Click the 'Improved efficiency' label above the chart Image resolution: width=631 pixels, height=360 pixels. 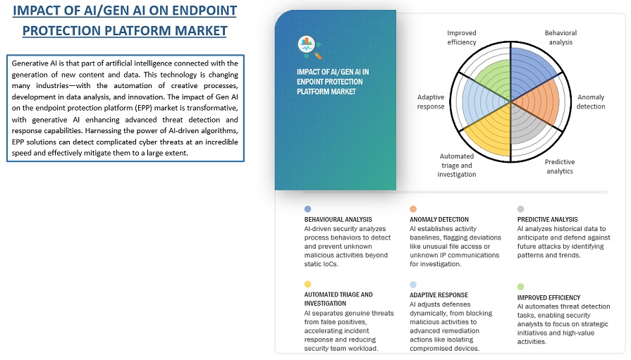click(x=462, y=37)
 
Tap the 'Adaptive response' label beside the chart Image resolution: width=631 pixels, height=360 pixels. click(x=431, y=101)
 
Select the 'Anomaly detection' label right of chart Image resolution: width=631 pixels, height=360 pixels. click(x=591, y=101)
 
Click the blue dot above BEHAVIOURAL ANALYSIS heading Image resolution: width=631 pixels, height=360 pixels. click(x=307, y=209)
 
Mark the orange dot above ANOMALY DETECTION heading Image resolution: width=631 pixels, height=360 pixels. click(x=413, y=209)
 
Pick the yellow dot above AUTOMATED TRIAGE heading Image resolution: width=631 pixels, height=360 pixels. click(x=307, y=284)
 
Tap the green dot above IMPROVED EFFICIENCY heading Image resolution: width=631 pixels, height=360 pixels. click(x=520, y=287)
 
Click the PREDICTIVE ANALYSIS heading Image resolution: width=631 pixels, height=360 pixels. click(x=547, y=219)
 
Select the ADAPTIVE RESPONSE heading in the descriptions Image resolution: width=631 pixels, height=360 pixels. click(x=439, y=294)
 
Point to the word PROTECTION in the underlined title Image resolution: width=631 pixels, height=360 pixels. click(x=70, y=30)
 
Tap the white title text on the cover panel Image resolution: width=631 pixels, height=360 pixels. click(x=333, y=81)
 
